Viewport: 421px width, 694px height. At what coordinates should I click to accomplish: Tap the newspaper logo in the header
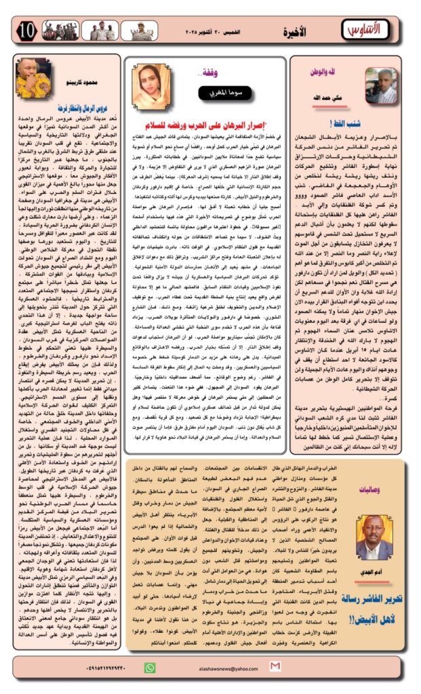[x=367, y=30]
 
